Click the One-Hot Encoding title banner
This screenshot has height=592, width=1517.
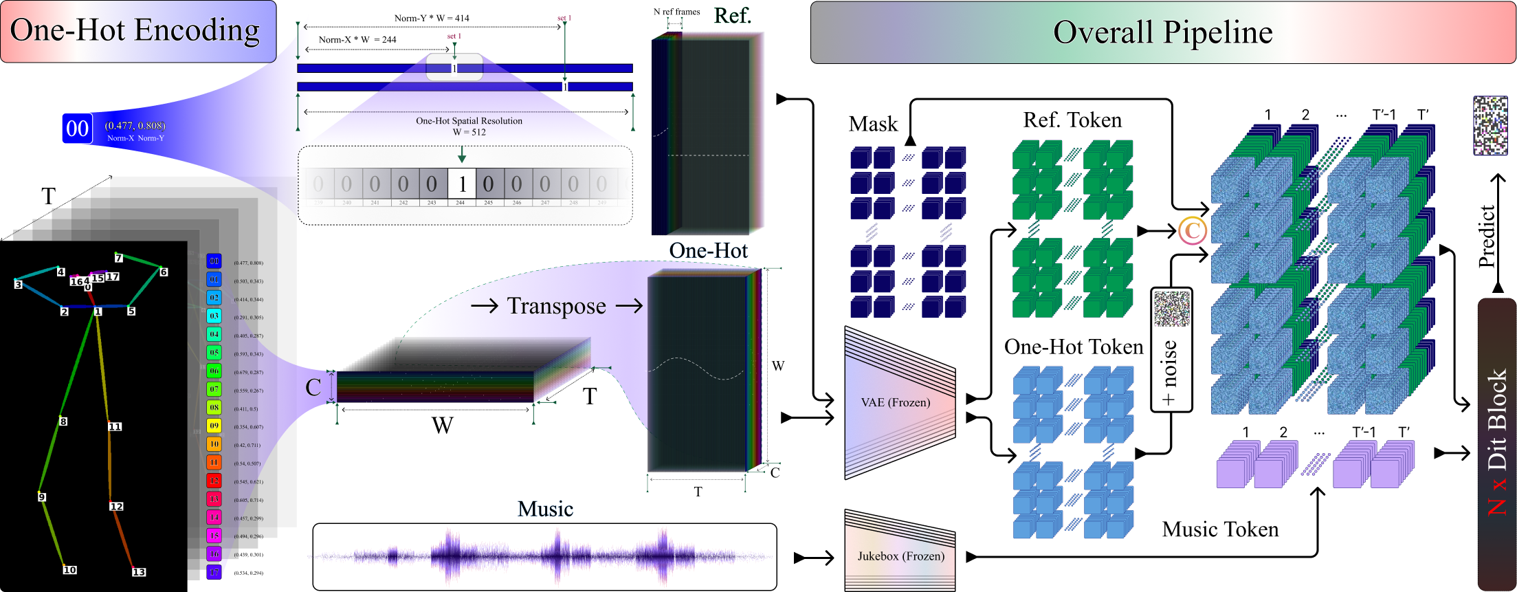137,32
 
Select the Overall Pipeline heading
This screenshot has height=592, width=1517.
1162,32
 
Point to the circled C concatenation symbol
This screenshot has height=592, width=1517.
1193,231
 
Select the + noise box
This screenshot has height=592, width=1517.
1171,351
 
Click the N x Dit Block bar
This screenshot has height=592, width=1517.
1496,443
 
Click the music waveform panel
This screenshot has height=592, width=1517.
544,557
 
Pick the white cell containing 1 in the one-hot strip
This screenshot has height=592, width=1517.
462,184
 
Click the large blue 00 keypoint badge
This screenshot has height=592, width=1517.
78,129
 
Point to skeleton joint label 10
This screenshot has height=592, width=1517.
69,570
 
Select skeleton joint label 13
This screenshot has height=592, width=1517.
139,572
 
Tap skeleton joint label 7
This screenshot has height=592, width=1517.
119,258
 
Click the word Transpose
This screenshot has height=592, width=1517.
556,306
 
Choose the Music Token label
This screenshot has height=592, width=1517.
1220,529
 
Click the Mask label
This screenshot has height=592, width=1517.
873,124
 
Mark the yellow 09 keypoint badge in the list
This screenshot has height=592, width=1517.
214,426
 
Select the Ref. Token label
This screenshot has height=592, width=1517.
1072,120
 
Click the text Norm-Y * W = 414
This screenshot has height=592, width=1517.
432,19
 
